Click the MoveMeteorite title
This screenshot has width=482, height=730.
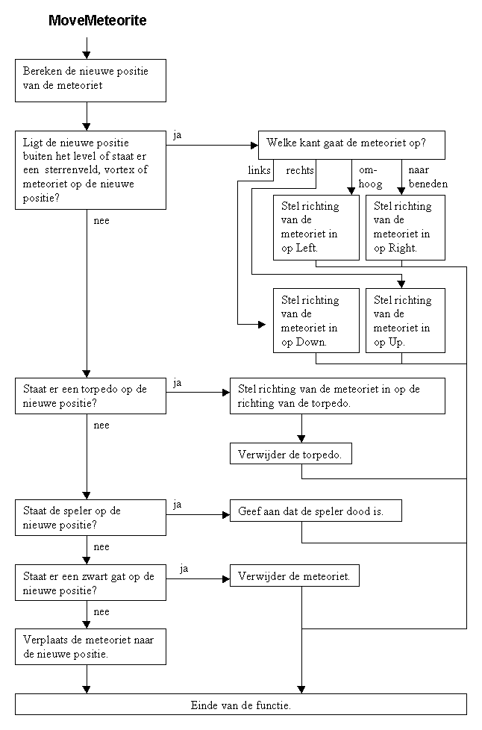click(x=98, y=20)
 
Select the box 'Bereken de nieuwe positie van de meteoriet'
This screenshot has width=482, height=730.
click(x=91, y=81)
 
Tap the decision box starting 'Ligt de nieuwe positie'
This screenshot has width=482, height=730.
click(x=91, y=170)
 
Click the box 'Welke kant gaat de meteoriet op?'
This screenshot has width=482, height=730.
click(x=351, y=146)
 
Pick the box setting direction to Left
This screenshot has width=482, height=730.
click(x=316, y=228)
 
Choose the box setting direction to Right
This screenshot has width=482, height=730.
click(x=406, y=228)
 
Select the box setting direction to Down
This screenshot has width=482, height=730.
click(x=316, y=321)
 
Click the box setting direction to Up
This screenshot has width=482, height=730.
click(x=406, y=321)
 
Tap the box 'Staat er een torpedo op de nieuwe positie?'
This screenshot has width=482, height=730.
click(x=91, y=396)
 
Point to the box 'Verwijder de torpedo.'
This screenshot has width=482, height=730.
click(x=291, y=454)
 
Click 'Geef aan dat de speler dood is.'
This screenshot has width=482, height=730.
click(x=316, y=511)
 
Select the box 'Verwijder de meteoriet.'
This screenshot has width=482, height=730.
click(x=295, y=576)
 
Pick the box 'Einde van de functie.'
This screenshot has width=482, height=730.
click(x=241, y=705)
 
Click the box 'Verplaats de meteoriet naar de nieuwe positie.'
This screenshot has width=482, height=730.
click(x=91, y=647)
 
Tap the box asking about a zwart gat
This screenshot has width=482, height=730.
click(x=91, y=582)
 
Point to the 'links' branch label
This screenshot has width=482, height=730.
click(x=259, y=170)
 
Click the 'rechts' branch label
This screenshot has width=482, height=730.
click(x=300, y=170)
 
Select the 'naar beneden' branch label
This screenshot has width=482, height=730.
click(x=428, y=177)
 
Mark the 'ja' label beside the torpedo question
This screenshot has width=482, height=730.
click(x=178, y=384)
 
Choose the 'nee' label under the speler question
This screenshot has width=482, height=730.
click(x=101, y=546)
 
